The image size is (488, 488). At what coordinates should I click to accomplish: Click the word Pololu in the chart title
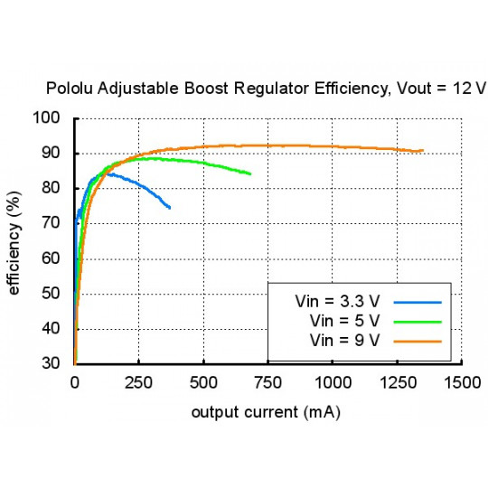tap(70, 89)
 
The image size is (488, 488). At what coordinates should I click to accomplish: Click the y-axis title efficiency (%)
tap(15, 241)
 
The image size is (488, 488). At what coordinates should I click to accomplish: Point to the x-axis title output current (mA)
tap(267, 412)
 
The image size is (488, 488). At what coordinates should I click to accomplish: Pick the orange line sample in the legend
tap(417, 340)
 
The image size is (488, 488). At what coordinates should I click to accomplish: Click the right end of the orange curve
tap(422, 151)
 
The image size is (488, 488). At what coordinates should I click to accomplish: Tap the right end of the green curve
tap(250, 174)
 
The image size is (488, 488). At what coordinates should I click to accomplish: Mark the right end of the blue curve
tap(170, 208)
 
